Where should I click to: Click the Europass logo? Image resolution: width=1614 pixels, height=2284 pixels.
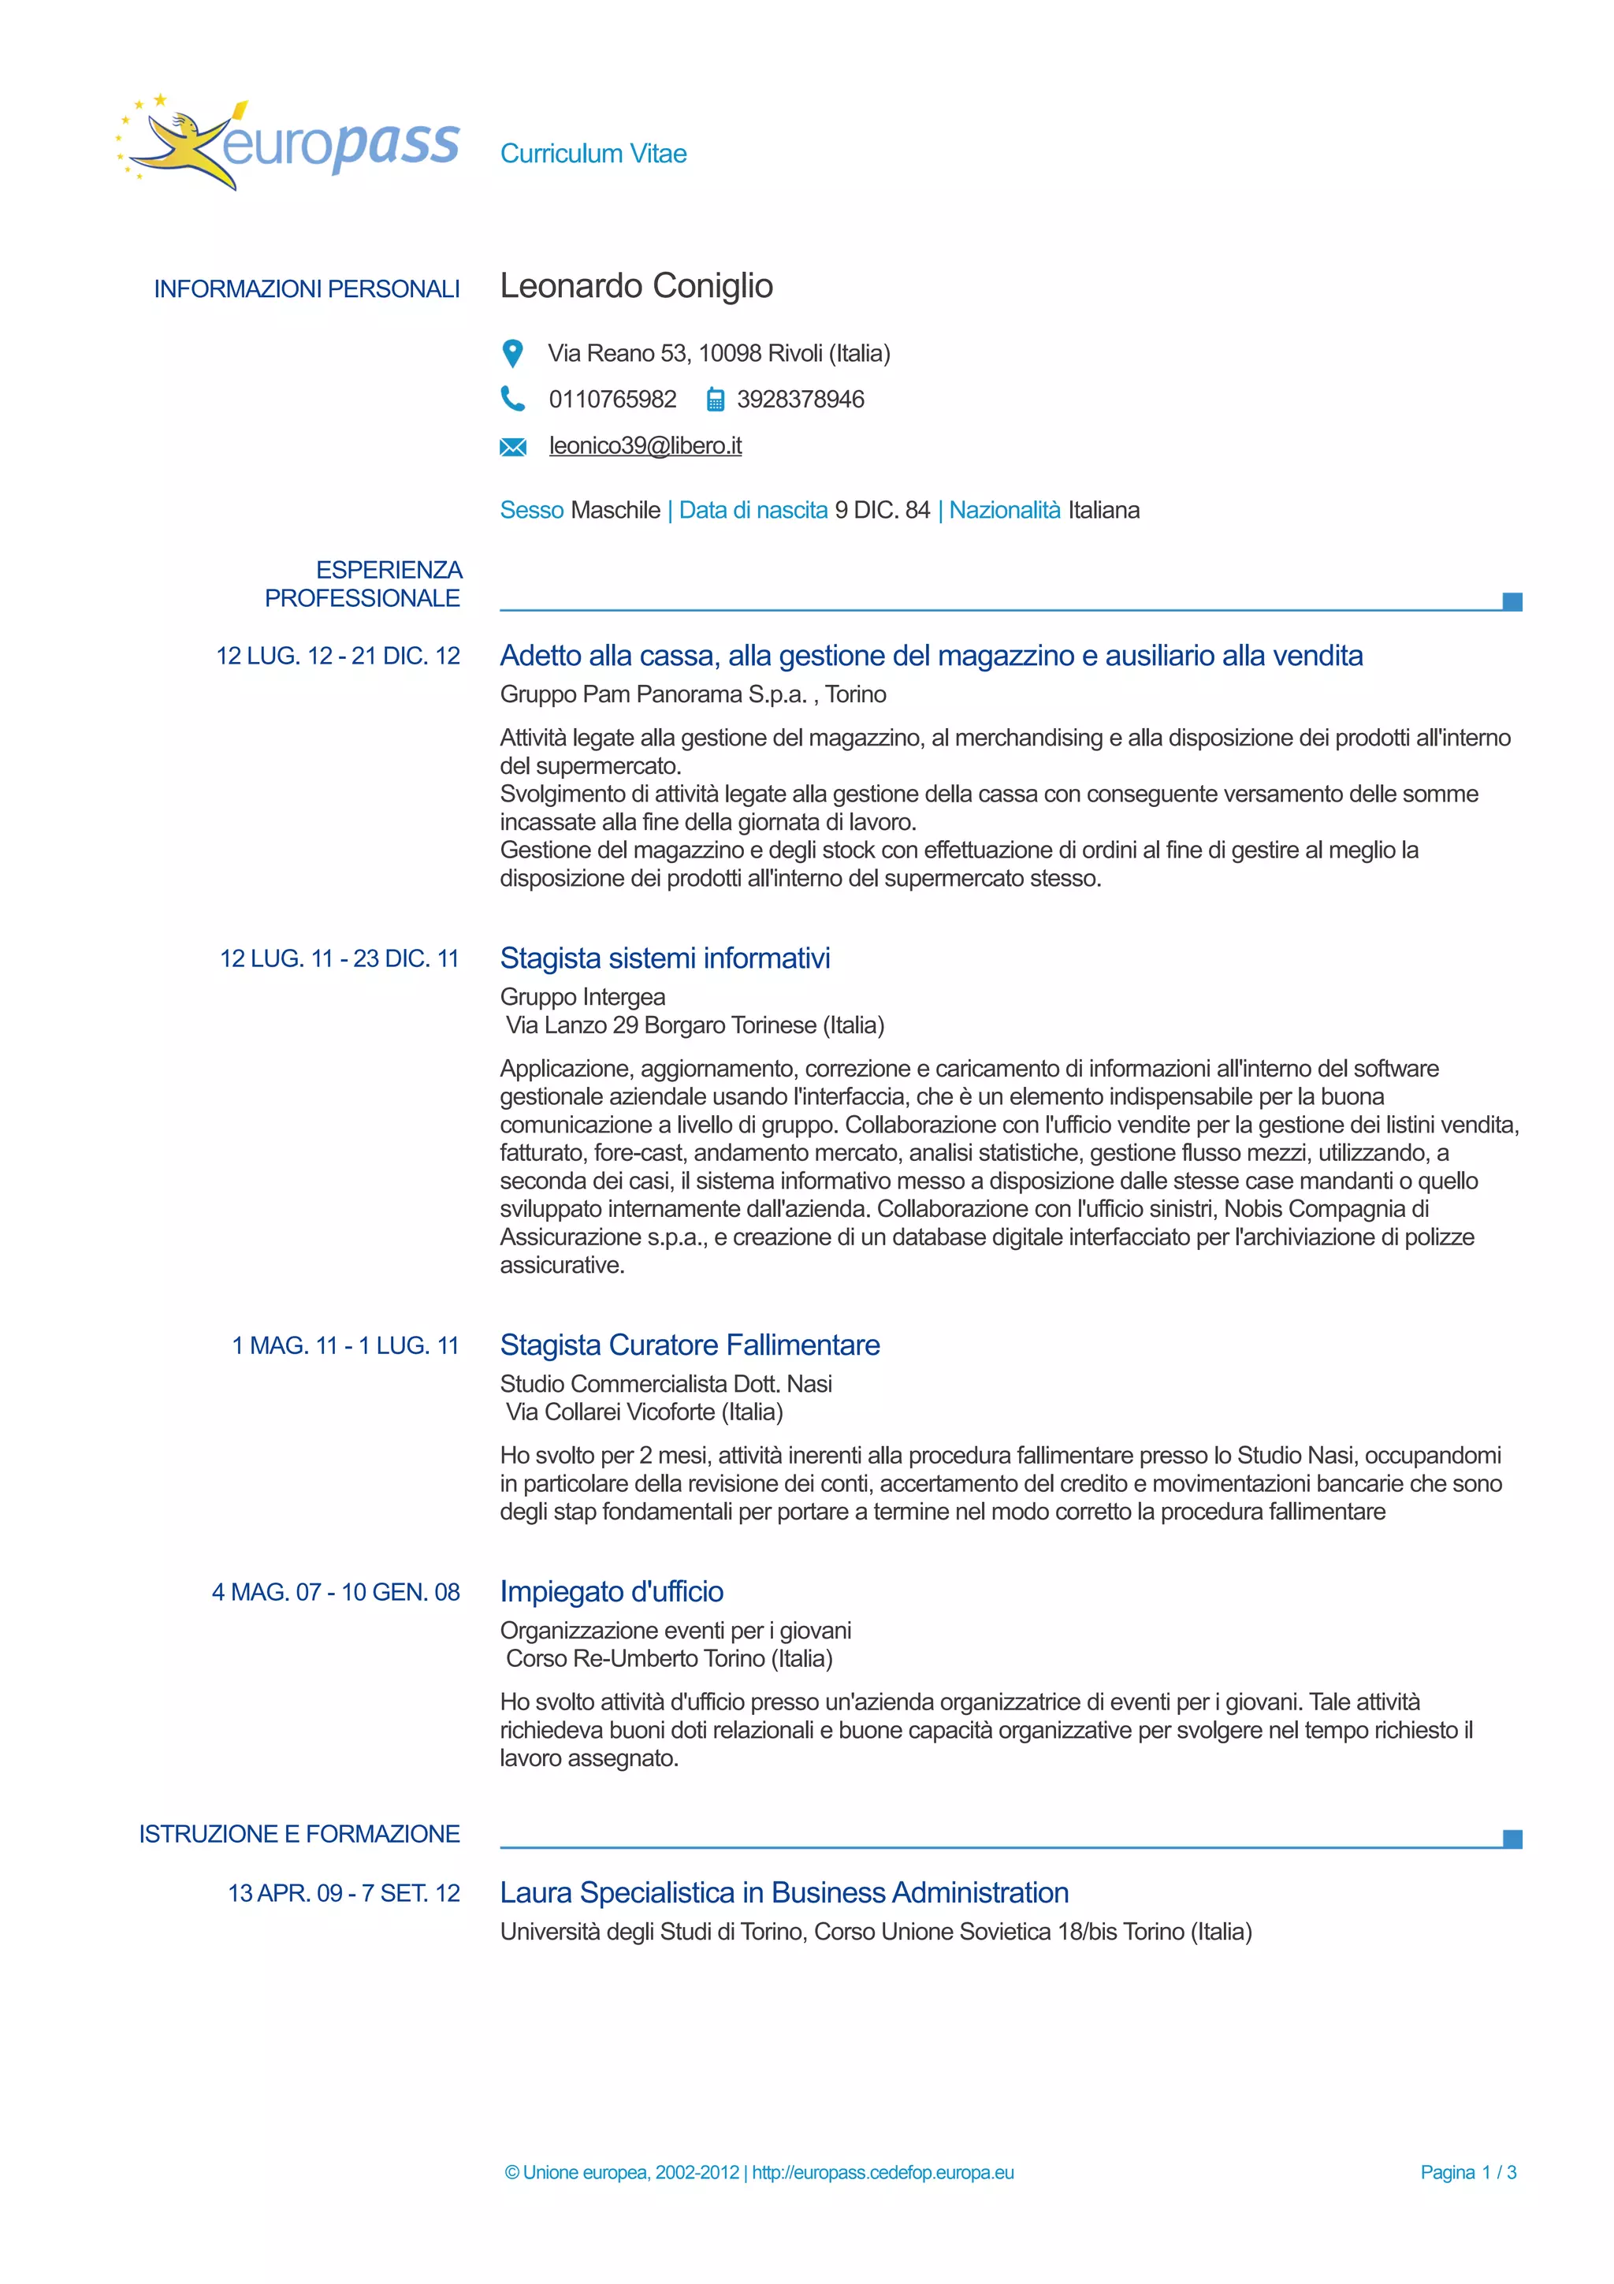coord(288,145)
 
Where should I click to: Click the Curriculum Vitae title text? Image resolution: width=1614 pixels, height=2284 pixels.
coord(593,153)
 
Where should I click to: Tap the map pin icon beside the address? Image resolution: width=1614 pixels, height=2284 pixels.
coord(512,353)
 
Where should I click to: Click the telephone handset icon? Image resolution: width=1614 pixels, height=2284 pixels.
coord(512,399)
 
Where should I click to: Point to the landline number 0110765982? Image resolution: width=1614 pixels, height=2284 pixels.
coord(612,399)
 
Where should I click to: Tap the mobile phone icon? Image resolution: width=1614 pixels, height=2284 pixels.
coord(715,400)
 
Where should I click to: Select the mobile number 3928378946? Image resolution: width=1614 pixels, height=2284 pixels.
coord(800,399)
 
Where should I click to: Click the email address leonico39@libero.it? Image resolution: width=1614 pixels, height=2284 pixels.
coord(645,445)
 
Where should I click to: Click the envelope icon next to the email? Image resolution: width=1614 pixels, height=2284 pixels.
coord(512,447)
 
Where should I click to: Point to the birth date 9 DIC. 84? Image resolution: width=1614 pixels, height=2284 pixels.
coord(882,511)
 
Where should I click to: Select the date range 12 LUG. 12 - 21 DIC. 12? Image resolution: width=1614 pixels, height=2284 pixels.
coord(338,656)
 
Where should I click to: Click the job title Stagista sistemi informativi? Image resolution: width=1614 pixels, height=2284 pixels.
coord(664,958)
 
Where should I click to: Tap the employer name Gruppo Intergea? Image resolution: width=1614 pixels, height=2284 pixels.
coord(582,997)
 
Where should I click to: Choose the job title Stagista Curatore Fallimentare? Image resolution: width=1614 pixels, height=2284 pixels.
coord(689,1345)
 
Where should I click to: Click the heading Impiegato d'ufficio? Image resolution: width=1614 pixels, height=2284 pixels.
coord(611,1592)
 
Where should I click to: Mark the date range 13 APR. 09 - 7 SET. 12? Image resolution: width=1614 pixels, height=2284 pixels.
coord(344,1893)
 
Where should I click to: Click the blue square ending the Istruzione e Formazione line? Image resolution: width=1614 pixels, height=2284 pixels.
coord(1512,1839)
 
